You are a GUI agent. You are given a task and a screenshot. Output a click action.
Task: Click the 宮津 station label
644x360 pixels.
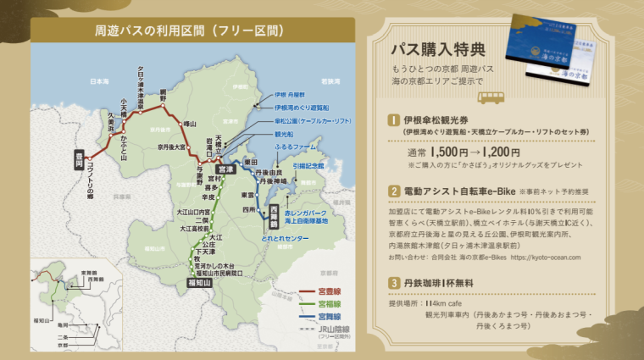coord(225,169)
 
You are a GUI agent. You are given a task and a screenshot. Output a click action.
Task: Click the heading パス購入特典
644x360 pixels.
coord(441,47)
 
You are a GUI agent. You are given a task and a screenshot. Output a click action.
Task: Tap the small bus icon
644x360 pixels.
coord(491,97)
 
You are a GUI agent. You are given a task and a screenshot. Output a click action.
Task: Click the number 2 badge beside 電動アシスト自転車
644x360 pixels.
coord(394,192)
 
